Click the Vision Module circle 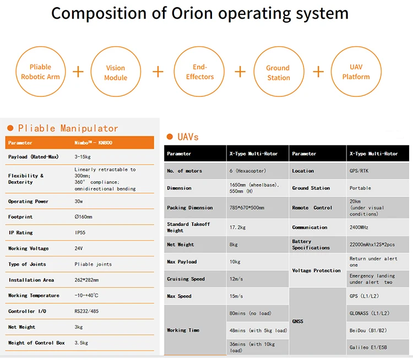point(116,72)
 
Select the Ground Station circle point(278,72)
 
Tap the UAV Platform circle point(356,72)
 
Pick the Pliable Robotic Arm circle point(41,72)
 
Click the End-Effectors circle point(199,72)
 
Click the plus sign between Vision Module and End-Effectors point(158,72)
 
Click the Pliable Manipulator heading point(68,128)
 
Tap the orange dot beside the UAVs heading point(170,137)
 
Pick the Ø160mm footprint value point(84,217)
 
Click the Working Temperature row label point(34,296)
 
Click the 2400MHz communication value point(361,227)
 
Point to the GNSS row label point(297,321)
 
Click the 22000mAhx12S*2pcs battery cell point(372,244)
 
